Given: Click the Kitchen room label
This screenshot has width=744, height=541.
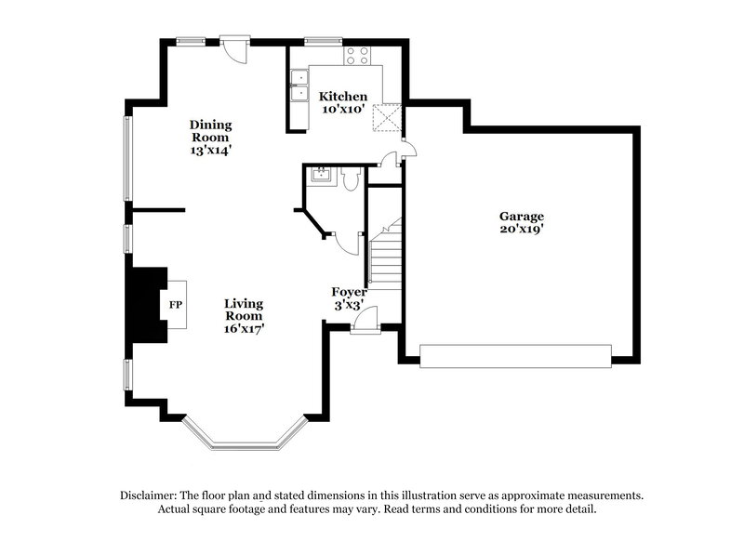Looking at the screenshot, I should [x=343, y=97].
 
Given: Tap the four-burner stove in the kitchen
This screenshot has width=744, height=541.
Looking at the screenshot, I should [x=357, y=56].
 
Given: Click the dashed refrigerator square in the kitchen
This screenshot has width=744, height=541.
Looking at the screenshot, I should [x=385, y=117].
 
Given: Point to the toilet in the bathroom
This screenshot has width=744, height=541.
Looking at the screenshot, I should [x=350, y=178].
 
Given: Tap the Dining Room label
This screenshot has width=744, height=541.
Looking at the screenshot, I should [x=210, y=130].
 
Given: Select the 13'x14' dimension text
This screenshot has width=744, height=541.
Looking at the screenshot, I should [x=210, y=149].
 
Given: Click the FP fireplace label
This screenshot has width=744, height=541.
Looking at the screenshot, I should [x=175, y=305].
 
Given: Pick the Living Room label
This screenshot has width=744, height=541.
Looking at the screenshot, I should [x=245, y=310].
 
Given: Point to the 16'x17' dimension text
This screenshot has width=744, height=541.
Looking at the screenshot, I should [x=245, y=329].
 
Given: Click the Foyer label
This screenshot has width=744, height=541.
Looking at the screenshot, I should [x=352, y=292].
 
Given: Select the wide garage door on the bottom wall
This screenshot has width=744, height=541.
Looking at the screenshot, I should [x=516, y=356].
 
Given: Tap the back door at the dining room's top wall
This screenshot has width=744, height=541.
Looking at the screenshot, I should [x=234, y=46].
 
